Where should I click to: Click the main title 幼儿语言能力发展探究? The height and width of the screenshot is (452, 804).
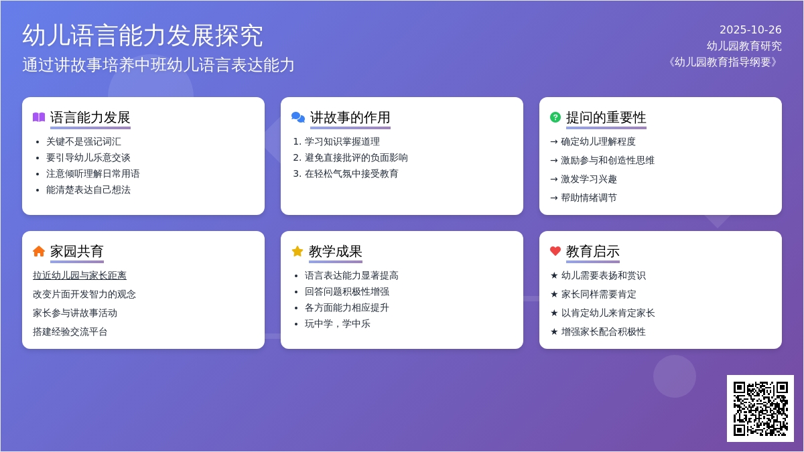(x=143, y=35)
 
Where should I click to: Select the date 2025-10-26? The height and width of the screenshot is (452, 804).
(x=750, y=29)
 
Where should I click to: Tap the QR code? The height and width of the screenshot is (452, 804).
(x=760, y=408)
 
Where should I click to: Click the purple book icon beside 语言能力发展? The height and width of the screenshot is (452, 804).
(x=39, y=117)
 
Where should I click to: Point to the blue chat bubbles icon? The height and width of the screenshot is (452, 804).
(x=298, y=117)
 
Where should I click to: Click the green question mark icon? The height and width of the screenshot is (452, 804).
(x=555, y=117)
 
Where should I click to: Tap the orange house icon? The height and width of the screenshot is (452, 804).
(x=39, y=251)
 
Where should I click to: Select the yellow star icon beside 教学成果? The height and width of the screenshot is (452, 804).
(x=297, y=251)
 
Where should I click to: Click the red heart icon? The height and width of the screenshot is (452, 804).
(x=555, y=251)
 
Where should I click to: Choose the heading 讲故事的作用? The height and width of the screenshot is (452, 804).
(x=350, y=118)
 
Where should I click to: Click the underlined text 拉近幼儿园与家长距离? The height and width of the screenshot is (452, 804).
(x=80, y=275)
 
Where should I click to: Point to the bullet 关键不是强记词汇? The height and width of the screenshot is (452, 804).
(x=84, y=141)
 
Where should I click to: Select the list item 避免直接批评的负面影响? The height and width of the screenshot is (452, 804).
(x=356, y=157)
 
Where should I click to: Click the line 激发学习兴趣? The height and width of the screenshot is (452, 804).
(x=588, y=179)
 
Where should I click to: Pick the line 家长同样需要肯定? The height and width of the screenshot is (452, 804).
(x=598, y=294)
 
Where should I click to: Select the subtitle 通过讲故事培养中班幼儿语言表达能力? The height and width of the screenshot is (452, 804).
(x=159, y=65)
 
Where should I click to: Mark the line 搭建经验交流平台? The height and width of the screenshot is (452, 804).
(x=70, y=331)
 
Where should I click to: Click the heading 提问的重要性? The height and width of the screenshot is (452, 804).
(x=606, y=118)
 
